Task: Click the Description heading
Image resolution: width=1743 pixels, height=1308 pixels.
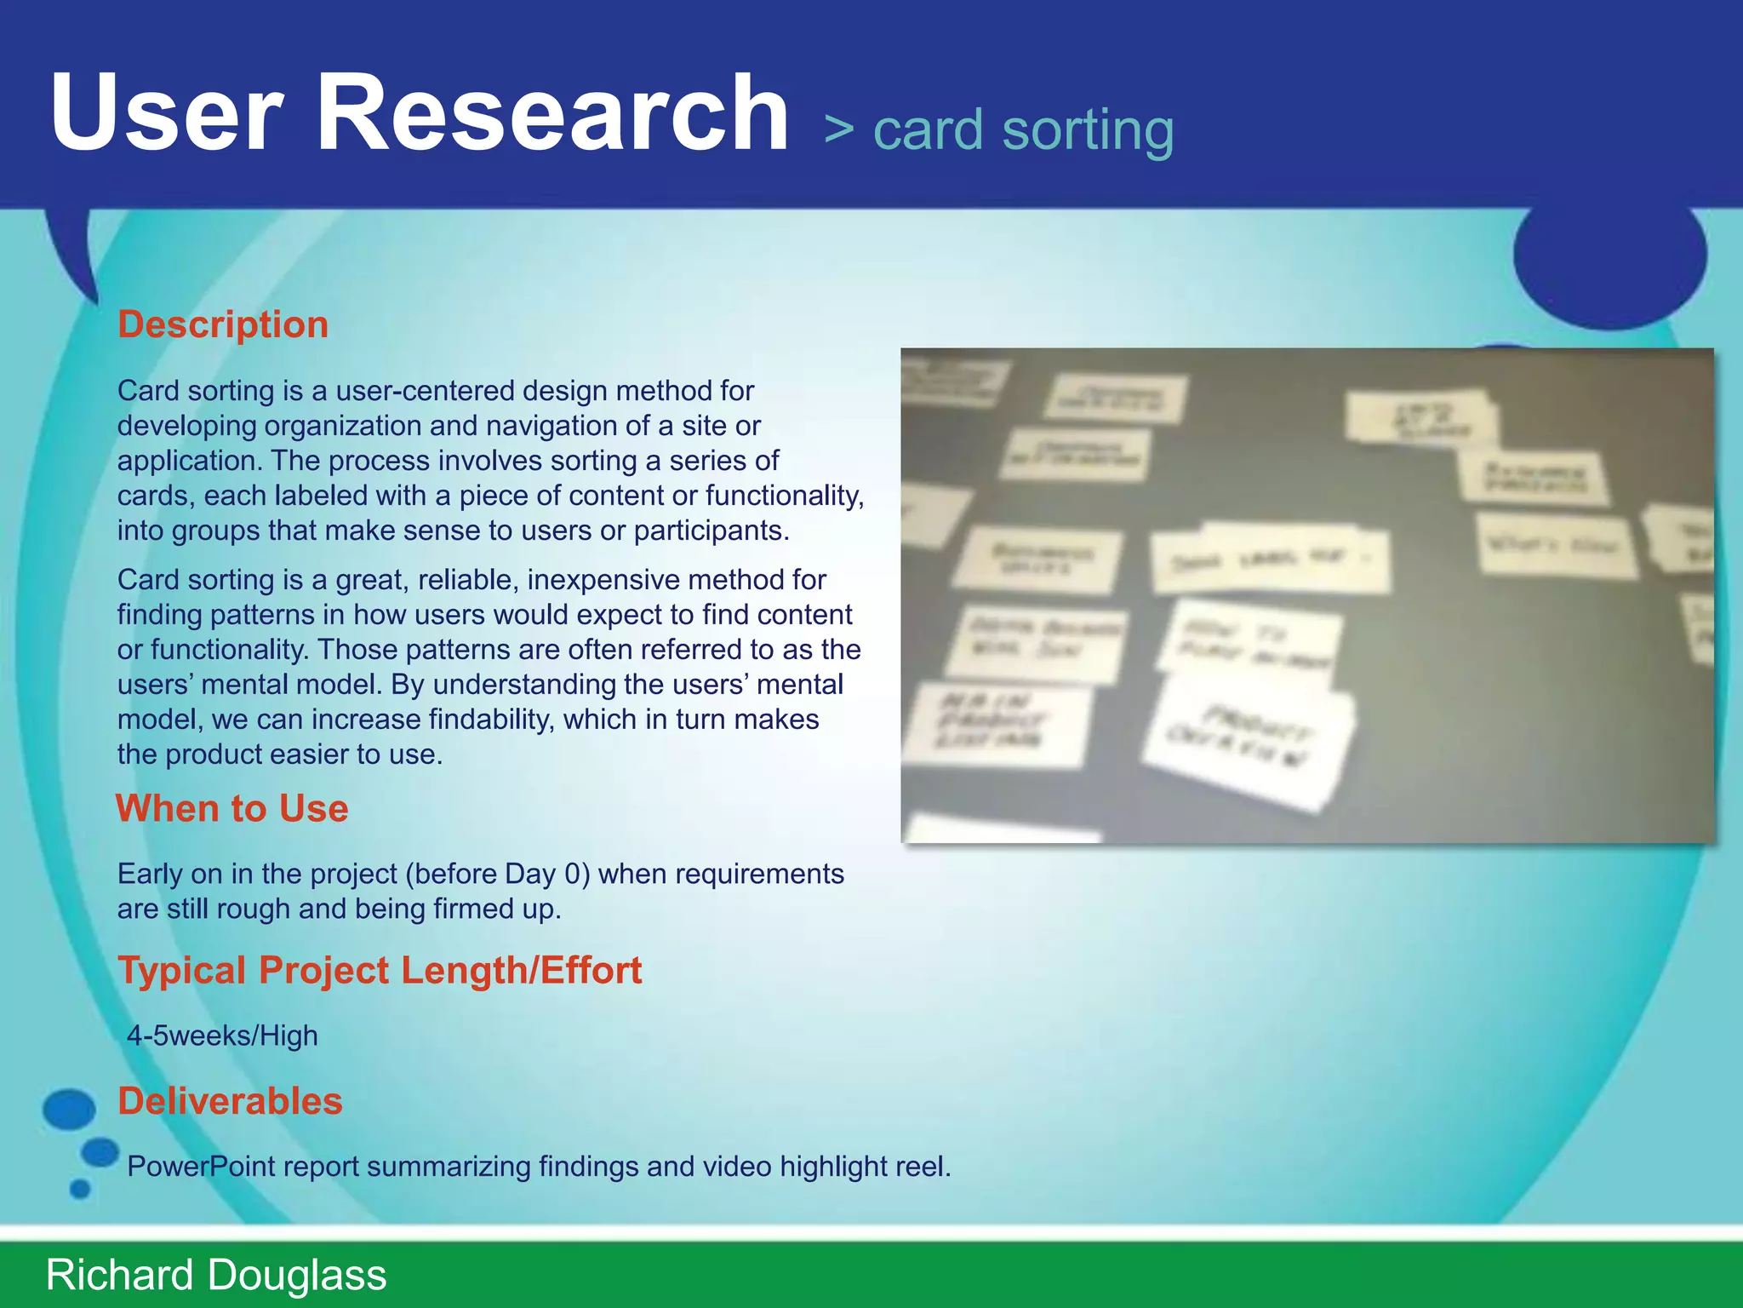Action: [223, 324]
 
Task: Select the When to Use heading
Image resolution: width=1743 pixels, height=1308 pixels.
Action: [232, 808]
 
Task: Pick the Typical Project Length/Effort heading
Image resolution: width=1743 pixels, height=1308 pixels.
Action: [380, 970]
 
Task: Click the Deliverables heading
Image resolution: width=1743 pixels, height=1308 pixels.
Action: [230, 1101]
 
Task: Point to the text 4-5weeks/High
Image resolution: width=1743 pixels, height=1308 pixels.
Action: [222, 1035]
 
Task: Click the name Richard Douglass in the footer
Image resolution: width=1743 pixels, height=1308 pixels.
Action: [216, 1275]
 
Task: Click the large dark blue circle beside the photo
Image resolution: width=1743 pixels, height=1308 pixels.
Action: [1610, 255]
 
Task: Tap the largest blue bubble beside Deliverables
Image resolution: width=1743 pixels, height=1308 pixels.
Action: [69, 1109]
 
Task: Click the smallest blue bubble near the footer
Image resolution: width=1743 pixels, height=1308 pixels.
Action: [80, 1189]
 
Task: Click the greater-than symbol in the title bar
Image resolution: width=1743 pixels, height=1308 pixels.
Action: [838, 130]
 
